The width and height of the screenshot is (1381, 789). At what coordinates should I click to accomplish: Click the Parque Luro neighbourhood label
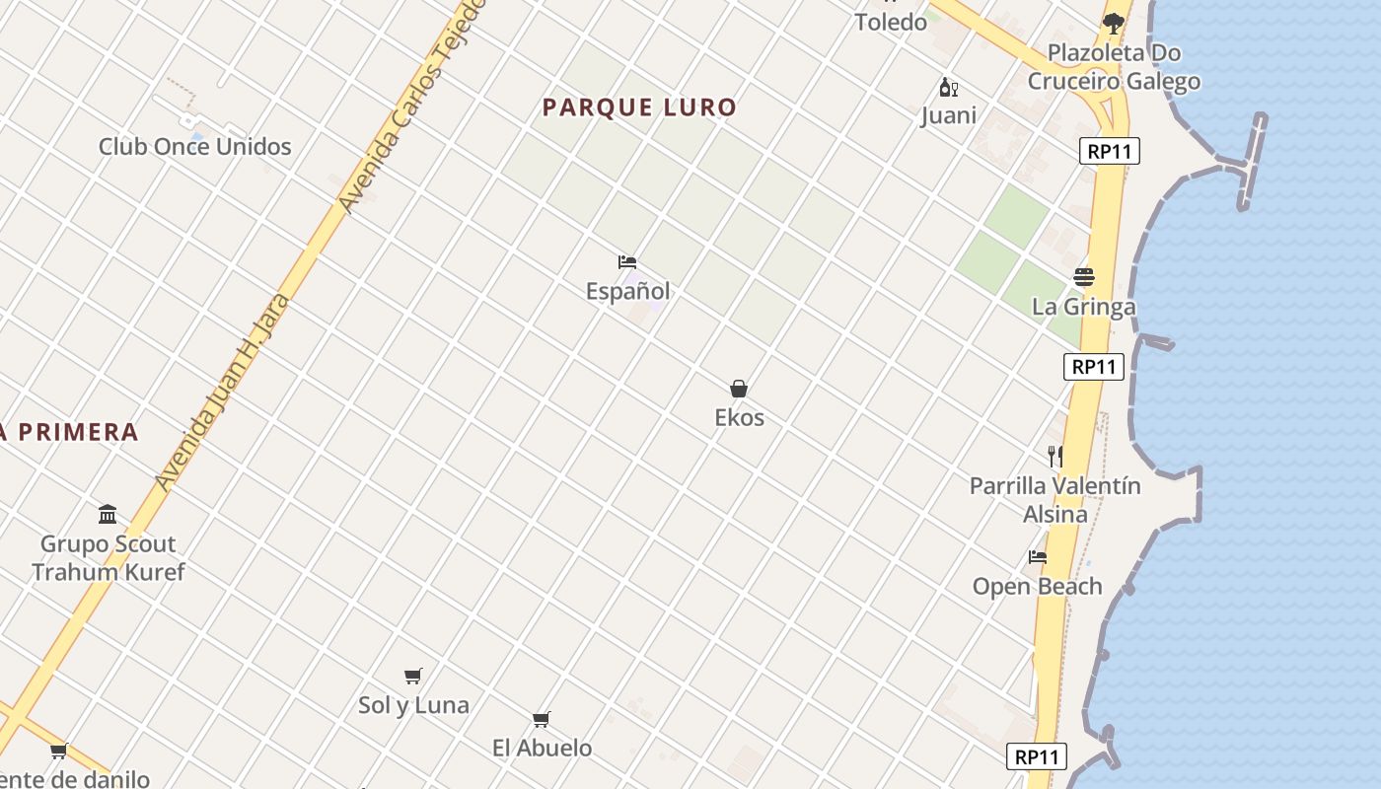[639, 108]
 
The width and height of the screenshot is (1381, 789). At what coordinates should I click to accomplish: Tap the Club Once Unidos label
[195, 147]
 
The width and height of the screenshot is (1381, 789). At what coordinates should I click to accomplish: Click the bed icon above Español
[627, 262]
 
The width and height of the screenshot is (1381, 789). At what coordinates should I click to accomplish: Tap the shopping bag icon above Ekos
[739, 389]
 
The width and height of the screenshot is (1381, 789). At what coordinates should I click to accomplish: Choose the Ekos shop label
[739, 417]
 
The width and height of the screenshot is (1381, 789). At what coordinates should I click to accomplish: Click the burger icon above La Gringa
[1084, 277]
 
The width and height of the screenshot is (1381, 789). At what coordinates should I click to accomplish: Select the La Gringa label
[1083, 307]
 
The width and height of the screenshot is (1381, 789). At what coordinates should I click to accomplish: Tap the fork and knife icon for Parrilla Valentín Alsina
[1055, 456]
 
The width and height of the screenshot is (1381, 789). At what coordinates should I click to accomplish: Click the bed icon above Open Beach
[1038, 557]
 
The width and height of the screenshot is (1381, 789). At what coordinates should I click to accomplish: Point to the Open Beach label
[1037, 587]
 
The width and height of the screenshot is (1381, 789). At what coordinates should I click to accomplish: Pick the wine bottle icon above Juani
[949, 88]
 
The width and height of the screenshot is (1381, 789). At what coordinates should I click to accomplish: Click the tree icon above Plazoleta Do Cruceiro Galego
[1114, 23]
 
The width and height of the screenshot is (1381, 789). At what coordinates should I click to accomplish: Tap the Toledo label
[891, 22]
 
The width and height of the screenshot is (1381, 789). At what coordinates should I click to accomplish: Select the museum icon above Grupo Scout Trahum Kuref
[108, 514]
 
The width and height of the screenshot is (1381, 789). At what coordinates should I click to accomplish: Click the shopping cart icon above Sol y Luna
[413, 676]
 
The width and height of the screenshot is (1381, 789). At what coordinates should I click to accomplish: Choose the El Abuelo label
[542, 748]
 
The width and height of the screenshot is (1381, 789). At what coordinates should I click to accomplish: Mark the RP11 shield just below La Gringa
[1094, 367]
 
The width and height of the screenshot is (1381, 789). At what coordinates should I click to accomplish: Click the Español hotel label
[627, 291]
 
